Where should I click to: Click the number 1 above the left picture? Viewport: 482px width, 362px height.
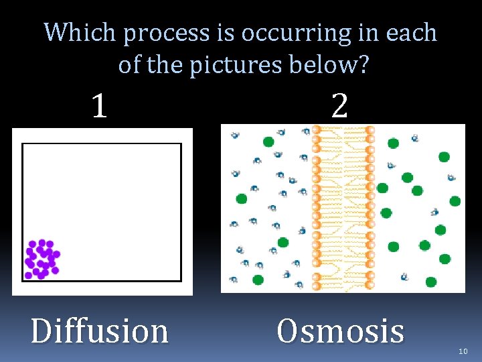pos(99,106)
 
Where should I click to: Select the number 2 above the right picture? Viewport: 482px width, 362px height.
pos(339,106)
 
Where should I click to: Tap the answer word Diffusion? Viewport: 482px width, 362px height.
pos(100,330)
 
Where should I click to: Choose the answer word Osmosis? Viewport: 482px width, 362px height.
pos(340,330)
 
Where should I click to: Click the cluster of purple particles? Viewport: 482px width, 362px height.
pos(42,259)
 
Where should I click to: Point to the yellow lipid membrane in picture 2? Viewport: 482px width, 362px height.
pos(343,208)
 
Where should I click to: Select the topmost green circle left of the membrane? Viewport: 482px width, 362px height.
pos(268,141)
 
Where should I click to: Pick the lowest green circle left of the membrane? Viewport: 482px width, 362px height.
pos(258,280)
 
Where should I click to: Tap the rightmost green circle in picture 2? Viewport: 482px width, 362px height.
pos(455,201)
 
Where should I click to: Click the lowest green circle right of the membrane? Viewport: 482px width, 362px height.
pos(430,282)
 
